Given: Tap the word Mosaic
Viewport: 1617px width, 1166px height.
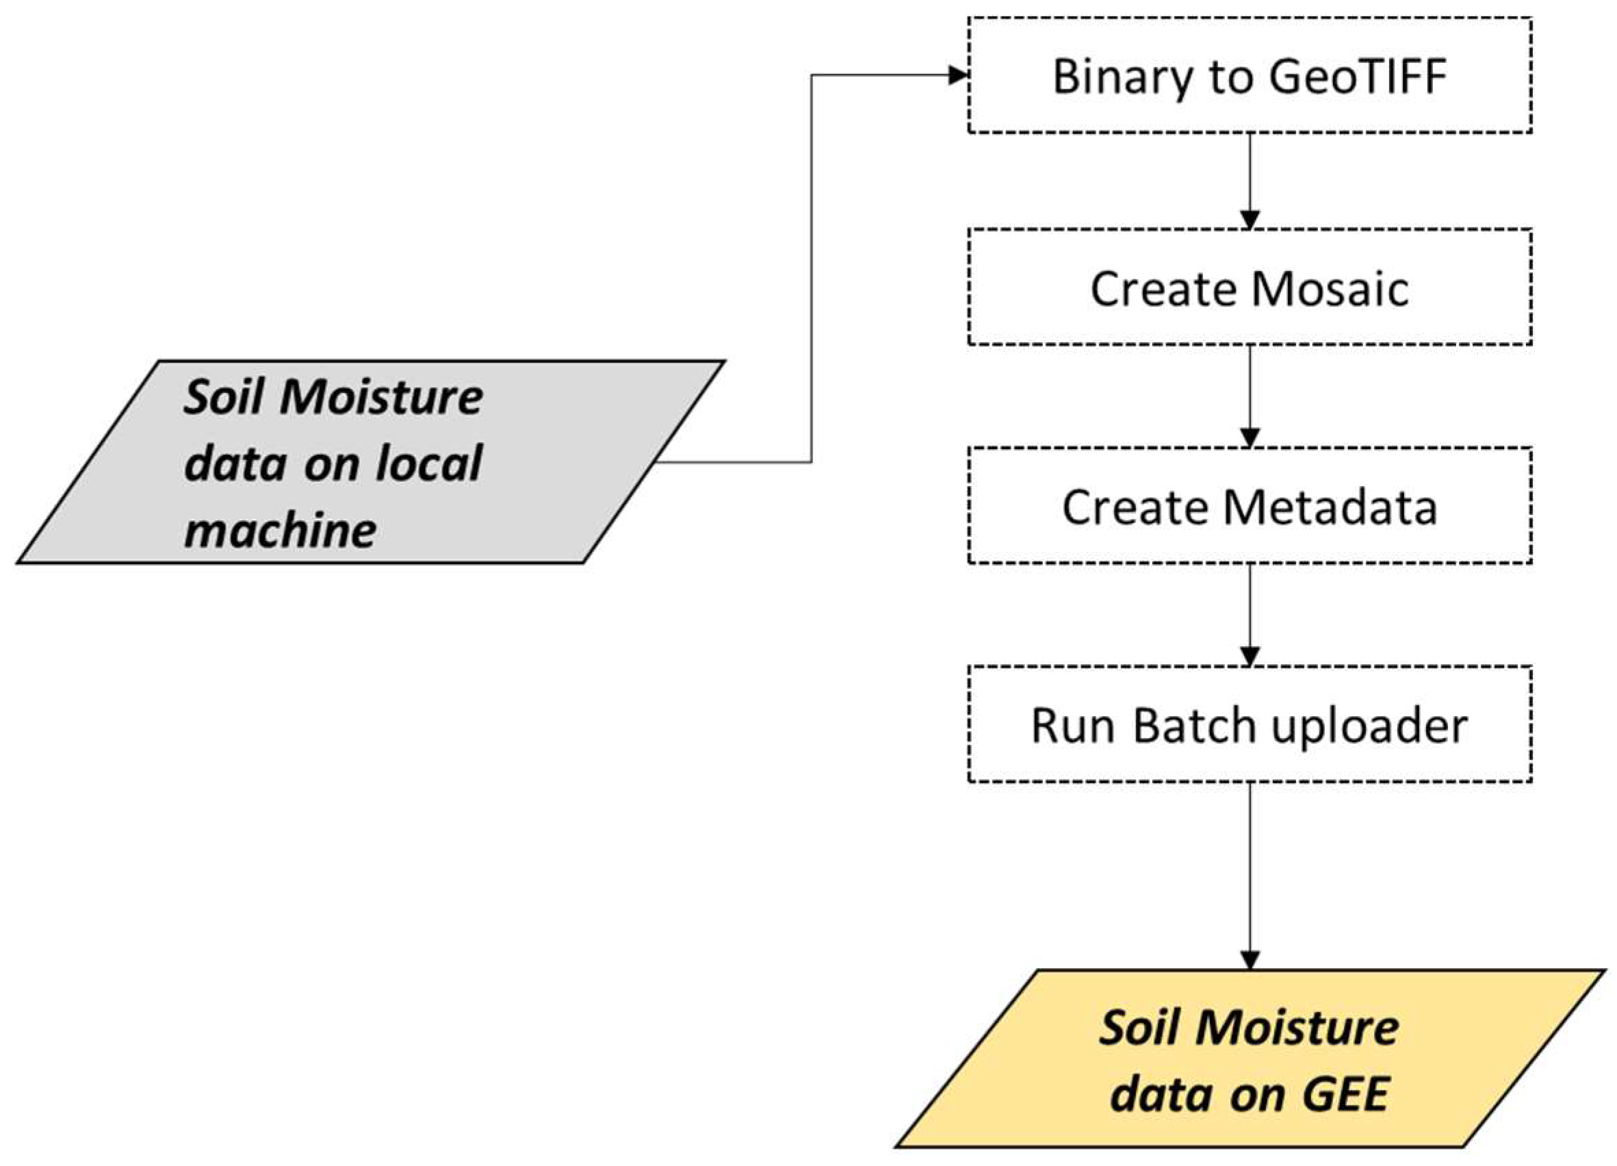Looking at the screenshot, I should (x=1330, y=289).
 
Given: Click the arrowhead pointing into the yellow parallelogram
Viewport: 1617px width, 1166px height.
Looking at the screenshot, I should (x=1249, y=959).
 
